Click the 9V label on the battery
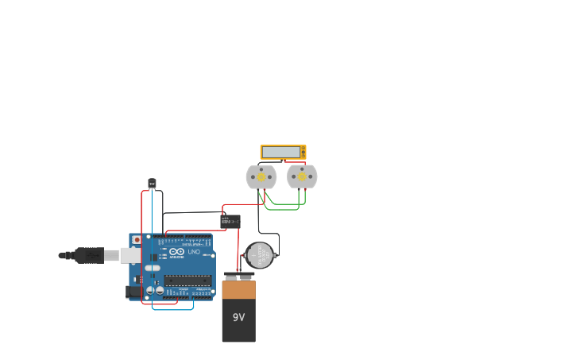click(x=238, y=317)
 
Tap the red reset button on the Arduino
click(x=137, y=239)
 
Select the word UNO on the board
click(x=194, y=252)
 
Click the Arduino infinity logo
click(x=176, y=252)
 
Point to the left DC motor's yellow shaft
click(x=261, y=176)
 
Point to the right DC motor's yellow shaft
click(x=302, y=176)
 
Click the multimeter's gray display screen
click(x=280, y=152)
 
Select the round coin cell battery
click(x=259, y=256)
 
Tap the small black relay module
click(x=230, y=222)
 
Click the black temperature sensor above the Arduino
click(x=152, y=184)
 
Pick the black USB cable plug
click(x=87, y=255)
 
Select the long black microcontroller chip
click(x=187, y=280)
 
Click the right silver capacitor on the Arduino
click(x=160, y=291)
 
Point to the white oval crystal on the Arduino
click(x=153, y=269)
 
